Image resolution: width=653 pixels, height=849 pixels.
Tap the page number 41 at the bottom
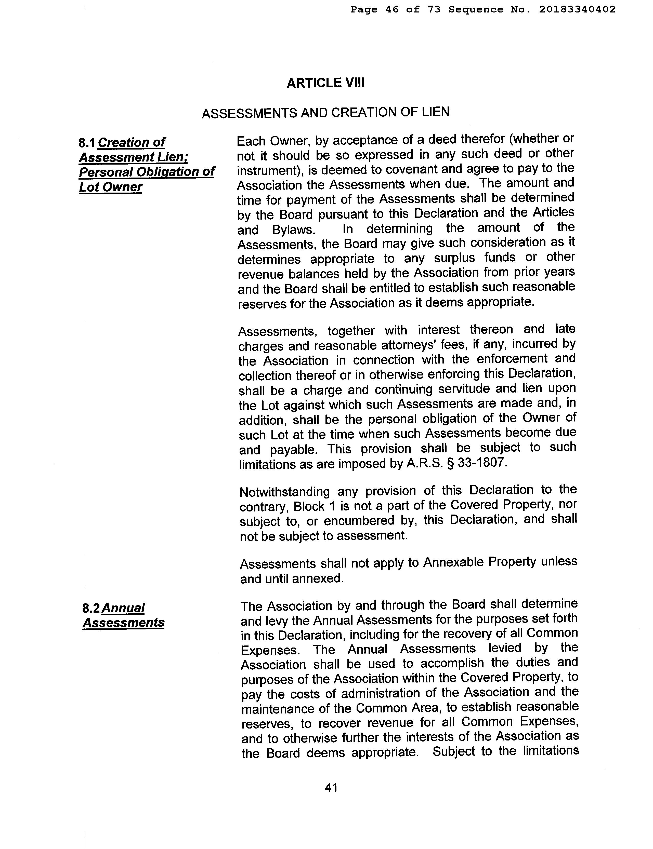[x=331, y=787]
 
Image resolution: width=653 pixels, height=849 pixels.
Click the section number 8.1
[x=87, y=143]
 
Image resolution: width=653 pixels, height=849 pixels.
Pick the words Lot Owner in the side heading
[x=111, y=187]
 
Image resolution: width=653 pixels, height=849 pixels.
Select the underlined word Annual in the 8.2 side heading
[x=123, y=608]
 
